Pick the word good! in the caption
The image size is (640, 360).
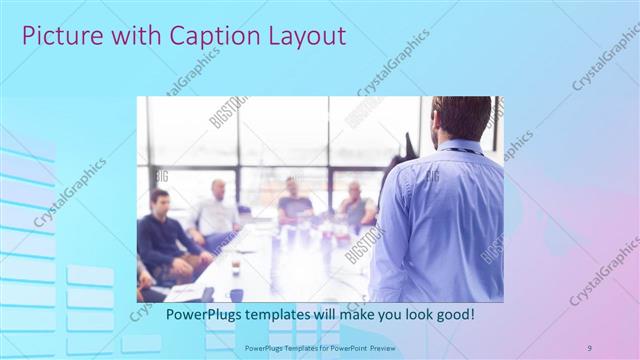(455, 315)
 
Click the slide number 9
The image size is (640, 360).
(589, 347)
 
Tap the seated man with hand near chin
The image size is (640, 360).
(356, 205)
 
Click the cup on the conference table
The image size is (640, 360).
(235, 266)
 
